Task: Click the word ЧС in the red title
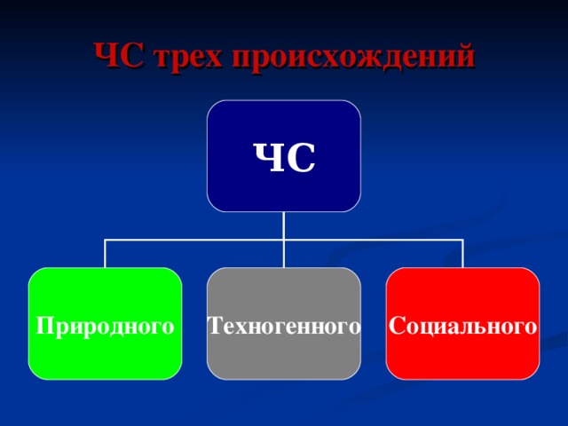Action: tap(121, 55)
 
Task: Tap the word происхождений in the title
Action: tap(354, 57)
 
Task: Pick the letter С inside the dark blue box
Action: tap(300, 159)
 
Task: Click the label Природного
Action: tap(105, 326)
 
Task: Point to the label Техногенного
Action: tap(284, 326)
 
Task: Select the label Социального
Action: tap(463, 326)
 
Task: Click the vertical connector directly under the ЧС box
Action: tap(284, 225)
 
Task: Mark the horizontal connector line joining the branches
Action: tap(373, 240)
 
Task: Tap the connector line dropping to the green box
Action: tap(105, 254)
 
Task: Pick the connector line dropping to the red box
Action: tap(463, 254)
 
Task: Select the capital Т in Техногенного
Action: tap(215, 326)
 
